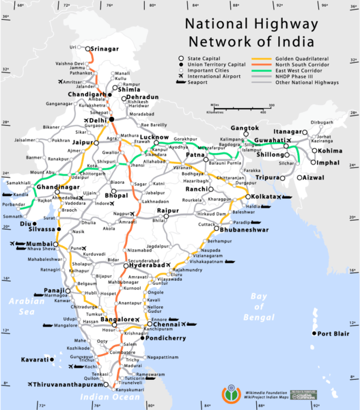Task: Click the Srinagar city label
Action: point(111,49)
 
